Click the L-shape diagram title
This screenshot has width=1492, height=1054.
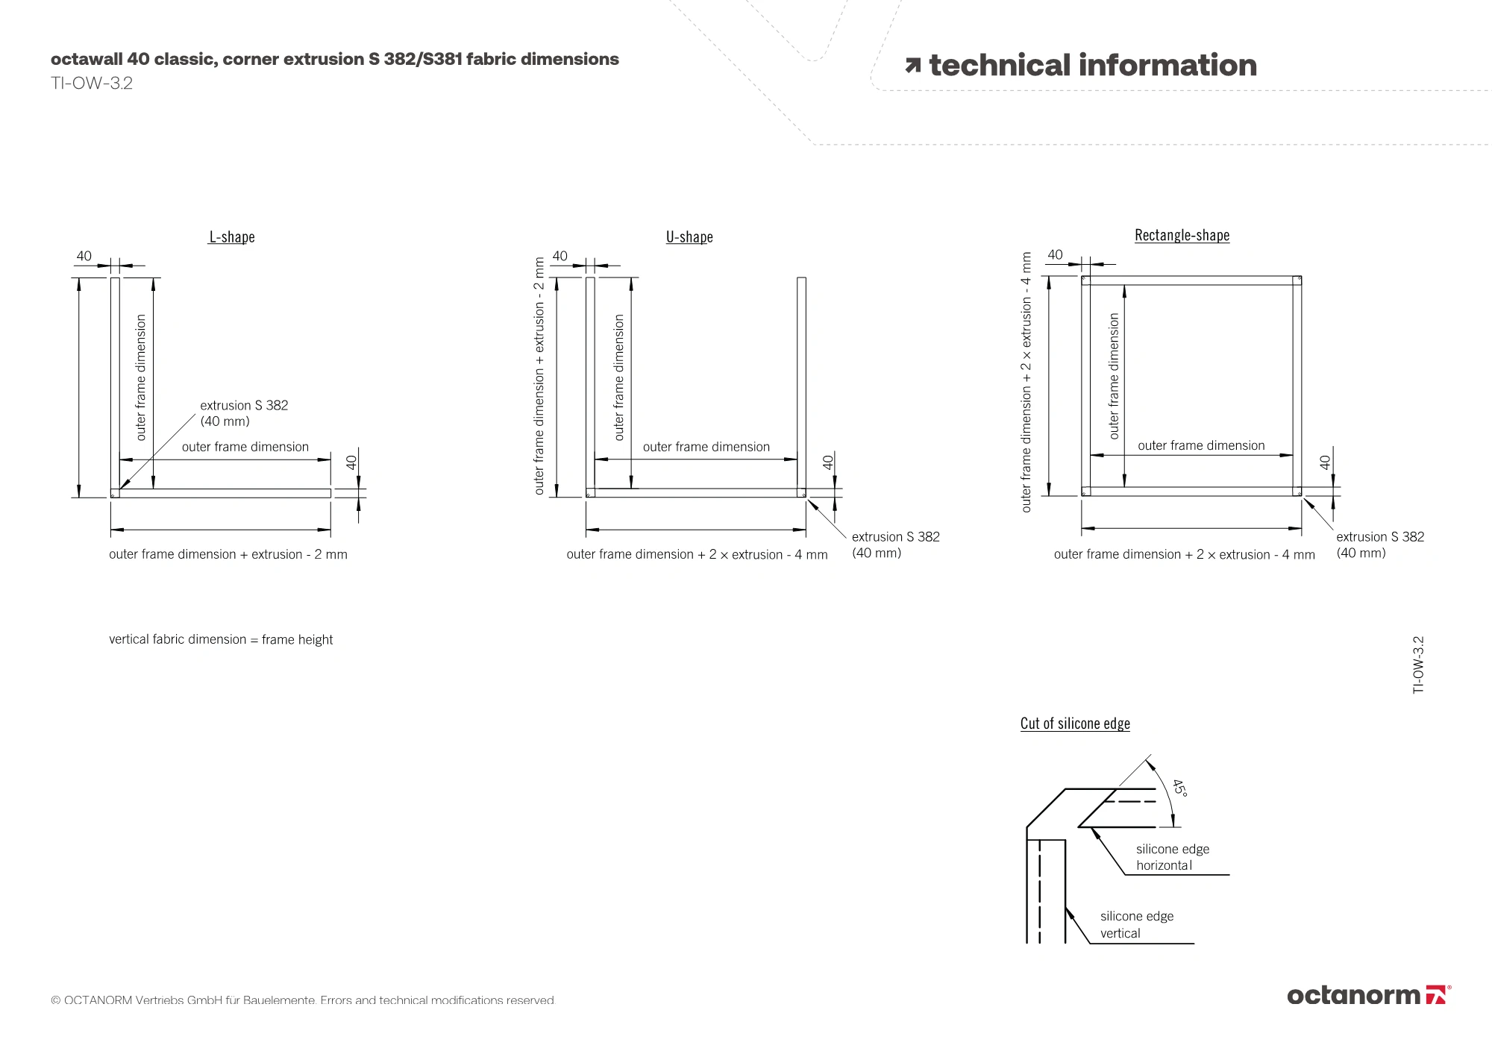(x=232, y=237)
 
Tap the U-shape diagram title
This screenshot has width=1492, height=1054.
(x=689, y=237)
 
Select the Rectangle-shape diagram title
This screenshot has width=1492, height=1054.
(x=1182, y=236)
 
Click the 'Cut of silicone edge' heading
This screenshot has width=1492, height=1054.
(x=1075, y=724)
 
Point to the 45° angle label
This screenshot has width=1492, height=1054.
(x=1179, y=788)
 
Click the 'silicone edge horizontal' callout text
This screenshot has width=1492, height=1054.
(x=1172, y=857)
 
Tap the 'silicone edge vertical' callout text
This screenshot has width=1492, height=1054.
(x=1136, y=924)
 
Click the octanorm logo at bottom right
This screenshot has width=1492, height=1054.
(x=1368, y=995)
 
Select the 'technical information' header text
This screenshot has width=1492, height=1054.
(x=1092, y=66)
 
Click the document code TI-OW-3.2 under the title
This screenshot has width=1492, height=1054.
(x=92, y=84)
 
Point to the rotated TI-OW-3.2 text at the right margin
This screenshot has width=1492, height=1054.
(x=1418, y=665)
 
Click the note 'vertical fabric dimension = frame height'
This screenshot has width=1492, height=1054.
(x=221, y=640)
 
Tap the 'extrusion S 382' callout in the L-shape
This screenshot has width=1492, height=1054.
(x=243, y=413)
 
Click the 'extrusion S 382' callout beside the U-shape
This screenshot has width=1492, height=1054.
(x=895, y=545)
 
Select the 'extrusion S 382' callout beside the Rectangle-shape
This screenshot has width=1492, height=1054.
(x=1379, y=545)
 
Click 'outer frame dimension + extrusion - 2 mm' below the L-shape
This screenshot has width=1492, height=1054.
(x=228, y=554)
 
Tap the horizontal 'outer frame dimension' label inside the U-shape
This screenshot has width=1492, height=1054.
(x=706, y=447)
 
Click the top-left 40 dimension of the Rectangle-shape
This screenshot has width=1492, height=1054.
(x=1055, y=255)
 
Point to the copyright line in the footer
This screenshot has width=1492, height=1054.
(x=303, y=1000)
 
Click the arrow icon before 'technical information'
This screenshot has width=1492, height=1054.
(x=912, y=66)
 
